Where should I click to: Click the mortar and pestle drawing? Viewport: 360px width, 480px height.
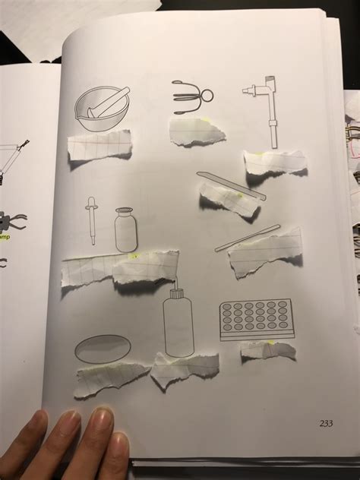[101, 108]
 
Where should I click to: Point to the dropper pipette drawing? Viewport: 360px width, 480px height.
[92, 220]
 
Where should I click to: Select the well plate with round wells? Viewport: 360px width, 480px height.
[255, 319]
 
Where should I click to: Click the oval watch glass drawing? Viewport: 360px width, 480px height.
[102, 349]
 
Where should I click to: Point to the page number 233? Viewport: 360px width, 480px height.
[326, 425]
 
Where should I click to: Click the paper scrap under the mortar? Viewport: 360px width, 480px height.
[99, 145]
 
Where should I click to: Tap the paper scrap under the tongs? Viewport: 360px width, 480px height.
[197, 131]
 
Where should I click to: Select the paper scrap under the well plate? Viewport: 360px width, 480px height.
[267, 351]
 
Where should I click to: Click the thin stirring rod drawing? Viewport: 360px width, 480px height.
[248, 237]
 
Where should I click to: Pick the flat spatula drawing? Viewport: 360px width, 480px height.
[231, 185]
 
